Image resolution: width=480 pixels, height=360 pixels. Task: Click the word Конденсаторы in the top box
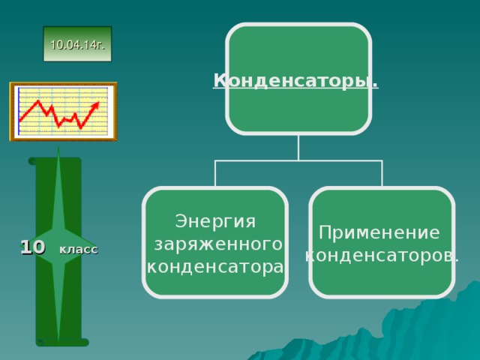coord(295,80)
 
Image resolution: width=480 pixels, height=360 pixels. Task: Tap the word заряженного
coord(218,244)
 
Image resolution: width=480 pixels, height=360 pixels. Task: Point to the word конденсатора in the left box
coord(215,266)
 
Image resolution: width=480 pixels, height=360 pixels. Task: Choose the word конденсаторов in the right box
coord(382,255)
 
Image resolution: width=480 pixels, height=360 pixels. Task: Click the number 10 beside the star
coord(33,247)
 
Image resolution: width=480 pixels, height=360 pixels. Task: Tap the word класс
coord(78,249)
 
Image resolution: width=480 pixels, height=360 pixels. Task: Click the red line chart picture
coord(63,112)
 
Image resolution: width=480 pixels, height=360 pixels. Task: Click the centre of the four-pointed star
coord(58,246)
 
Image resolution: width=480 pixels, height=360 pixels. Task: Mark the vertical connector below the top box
coord(298,147)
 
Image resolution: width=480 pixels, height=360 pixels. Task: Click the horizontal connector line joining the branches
coord(298,160)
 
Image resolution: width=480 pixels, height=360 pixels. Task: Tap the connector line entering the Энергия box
coord(215,174)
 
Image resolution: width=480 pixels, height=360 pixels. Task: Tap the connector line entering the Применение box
coord(382,174)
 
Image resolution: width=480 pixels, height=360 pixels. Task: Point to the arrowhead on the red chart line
coord(95,104)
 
